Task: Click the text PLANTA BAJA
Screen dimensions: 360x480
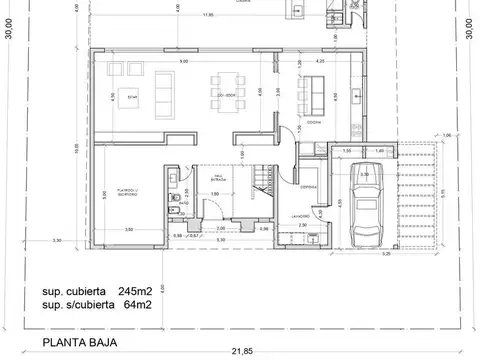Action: tap(78, 342)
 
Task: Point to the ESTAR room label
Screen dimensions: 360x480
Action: tap(133, 97)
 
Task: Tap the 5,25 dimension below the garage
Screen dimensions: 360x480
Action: tap(385, 253)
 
